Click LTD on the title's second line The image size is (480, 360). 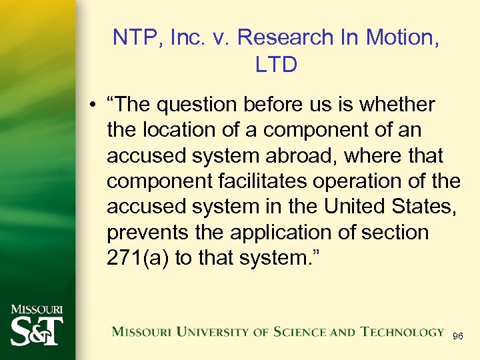coord(276,65)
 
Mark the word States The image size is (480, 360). coord(424,207)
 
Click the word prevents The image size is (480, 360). coord(144,233)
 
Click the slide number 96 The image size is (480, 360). coord(458,337)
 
